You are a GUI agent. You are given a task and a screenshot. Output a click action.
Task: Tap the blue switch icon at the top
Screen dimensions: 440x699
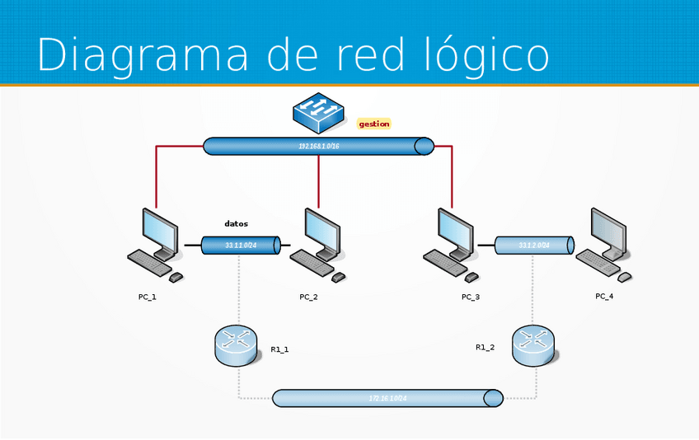tap(318, 112)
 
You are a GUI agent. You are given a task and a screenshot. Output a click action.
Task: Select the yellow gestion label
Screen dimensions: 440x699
tap(373, 124)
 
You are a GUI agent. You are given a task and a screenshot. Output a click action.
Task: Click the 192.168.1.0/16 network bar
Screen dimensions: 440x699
tap(318, 146)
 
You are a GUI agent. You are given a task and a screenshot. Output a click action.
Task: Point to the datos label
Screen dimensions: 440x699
tap(236, 223)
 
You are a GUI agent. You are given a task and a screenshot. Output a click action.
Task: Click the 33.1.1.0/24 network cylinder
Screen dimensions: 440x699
tap(241, 245)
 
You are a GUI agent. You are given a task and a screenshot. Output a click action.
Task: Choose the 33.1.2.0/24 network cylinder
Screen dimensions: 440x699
tap(534, 245)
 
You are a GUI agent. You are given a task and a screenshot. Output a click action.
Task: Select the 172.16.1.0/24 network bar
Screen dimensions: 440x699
tap(387, 398)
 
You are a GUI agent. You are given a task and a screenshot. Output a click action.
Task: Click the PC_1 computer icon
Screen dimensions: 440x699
tap(156, 244)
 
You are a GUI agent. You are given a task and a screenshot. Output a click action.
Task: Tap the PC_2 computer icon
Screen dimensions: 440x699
tap(317, 244)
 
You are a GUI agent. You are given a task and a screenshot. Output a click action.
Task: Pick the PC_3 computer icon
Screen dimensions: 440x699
tap(452, 239)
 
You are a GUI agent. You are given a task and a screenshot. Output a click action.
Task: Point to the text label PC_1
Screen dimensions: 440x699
tap(147, 297)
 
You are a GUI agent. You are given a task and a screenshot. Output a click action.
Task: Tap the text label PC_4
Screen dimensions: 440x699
tap(604, 296)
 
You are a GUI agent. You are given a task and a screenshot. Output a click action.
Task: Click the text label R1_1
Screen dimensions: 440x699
tap(280, 349)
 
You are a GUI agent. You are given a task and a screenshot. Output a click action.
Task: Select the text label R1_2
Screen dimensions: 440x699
tap(486, 347)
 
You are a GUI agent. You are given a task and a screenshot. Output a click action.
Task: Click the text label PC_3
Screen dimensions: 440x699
tap(471, 297)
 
